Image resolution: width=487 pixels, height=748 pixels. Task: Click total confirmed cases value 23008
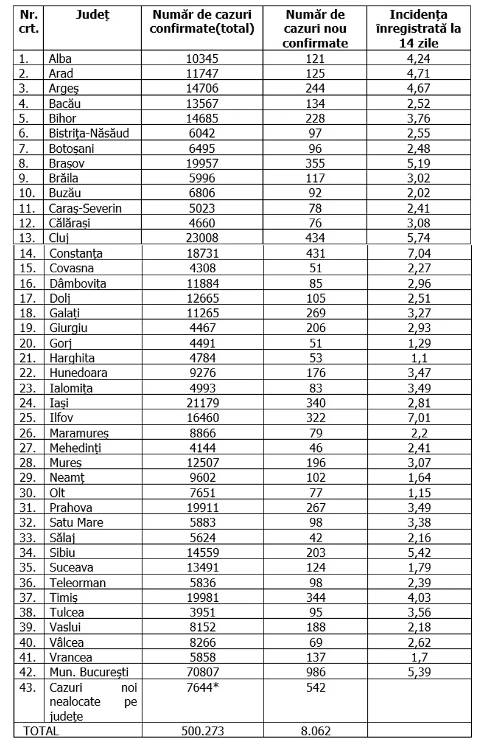pos(201,238)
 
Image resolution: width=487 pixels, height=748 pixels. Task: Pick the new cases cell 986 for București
pos(316,672)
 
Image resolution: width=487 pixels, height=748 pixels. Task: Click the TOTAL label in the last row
pos(41,732)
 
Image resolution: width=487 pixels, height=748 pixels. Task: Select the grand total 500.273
pos(201,732)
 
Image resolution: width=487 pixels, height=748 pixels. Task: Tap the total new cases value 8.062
pos(316,732)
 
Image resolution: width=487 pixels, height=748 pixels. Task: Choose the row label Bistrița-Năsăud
pos(89,133)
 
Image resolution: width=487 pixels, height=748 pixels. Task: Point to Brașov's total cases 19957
pos(201,163)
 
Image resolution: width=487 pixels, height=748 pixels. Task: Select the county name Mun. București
pos(89,672)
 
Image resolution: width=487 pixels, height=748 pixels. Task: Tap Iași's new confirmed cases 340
pos(316,403)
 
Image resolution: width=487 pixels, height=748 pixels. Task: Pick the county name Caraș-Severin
pos(85,208)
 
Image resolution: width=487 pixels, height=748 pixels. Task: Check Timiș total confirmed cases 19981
pos(201,597)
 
